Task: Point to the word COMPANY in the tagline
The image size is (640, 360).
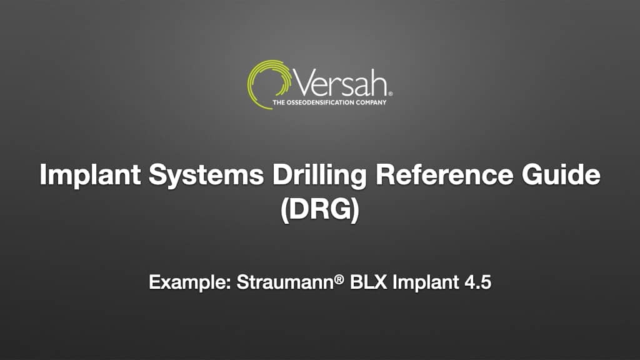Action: click(371, 102)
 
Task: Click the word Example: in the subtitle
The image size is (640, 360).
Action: click(189, 282)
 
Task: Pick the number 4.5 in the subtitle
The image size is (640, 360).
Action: click(478, 282)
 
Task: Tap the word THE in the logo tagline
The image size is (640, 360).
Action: click(279, 102)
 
